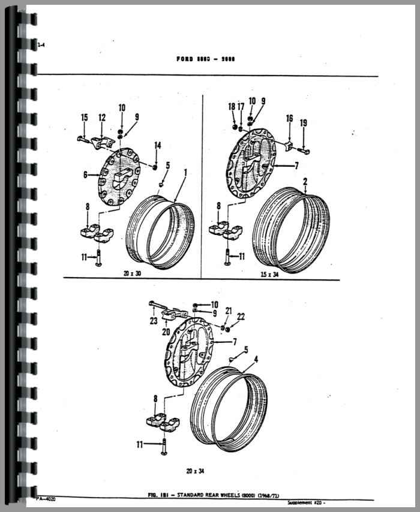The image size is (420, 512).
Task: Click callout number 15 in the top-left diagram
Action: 85,118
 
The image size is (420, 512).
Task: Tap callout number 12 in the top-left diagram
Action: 102,118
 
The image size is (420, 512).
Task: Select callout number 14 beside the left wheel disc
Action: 158,145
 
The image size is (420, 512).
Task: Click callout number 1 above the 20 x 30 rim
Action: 185,173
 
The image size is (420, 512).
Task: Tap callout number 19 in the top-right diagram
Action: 304,124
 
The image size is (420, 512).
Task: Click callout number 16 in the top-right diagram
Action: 289,119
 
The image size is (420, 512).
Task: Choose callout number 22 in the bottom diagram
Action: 240,317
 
